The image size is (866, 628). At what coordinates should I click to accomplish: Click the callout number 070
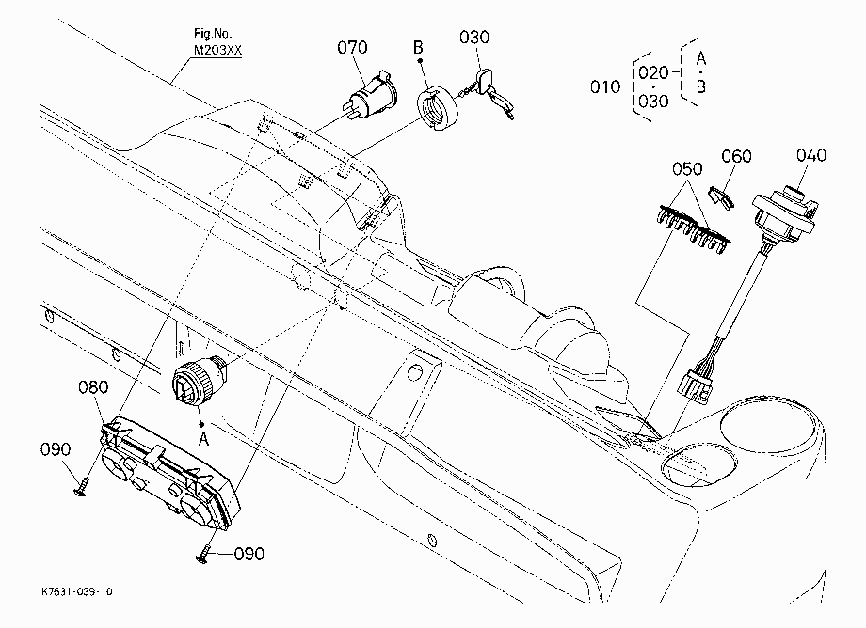352,47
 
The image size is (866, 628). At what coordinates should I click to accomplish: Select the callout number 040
811,155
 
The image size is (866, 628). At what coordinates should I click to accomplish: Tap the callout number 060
737,157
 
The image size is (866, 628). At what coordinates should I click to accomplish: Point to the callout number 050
687,168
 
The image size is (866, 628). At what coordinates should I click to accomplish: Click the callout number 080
93,387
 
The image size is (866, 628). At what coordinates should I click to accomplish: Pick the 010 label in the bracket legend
605,87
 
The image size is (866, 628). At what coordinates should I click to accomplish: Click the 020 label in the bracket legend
653,72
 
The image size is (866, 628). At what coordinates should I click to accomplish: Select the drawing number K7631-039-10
77,591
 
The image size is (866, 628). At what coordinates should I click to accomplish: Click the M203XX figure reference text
217,50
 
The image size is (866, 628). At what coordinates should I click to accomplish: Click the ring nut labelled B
437,108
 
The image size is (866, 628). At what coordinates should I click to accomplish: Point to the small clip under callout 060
721,197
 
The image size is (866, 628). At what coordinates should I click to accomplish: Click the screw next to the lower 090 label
205,555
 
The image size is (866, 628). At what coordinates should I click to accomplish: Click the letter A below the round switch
203,439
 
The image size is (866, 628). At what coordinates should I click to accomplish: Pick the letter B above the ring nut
418,47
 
